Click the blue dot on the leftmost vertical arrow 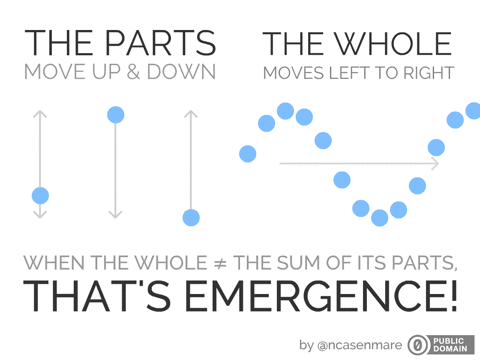click(40, 195)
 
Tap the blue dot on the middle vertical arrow click(115, 115)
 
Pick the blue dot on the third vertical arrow click(191, 217)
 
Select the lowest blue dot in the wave click(380, 217)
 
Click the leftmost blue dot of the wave click(248, 153)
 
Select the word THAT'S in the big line click(99, 297)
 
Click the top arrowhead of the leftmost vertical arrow click(40, 113)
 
